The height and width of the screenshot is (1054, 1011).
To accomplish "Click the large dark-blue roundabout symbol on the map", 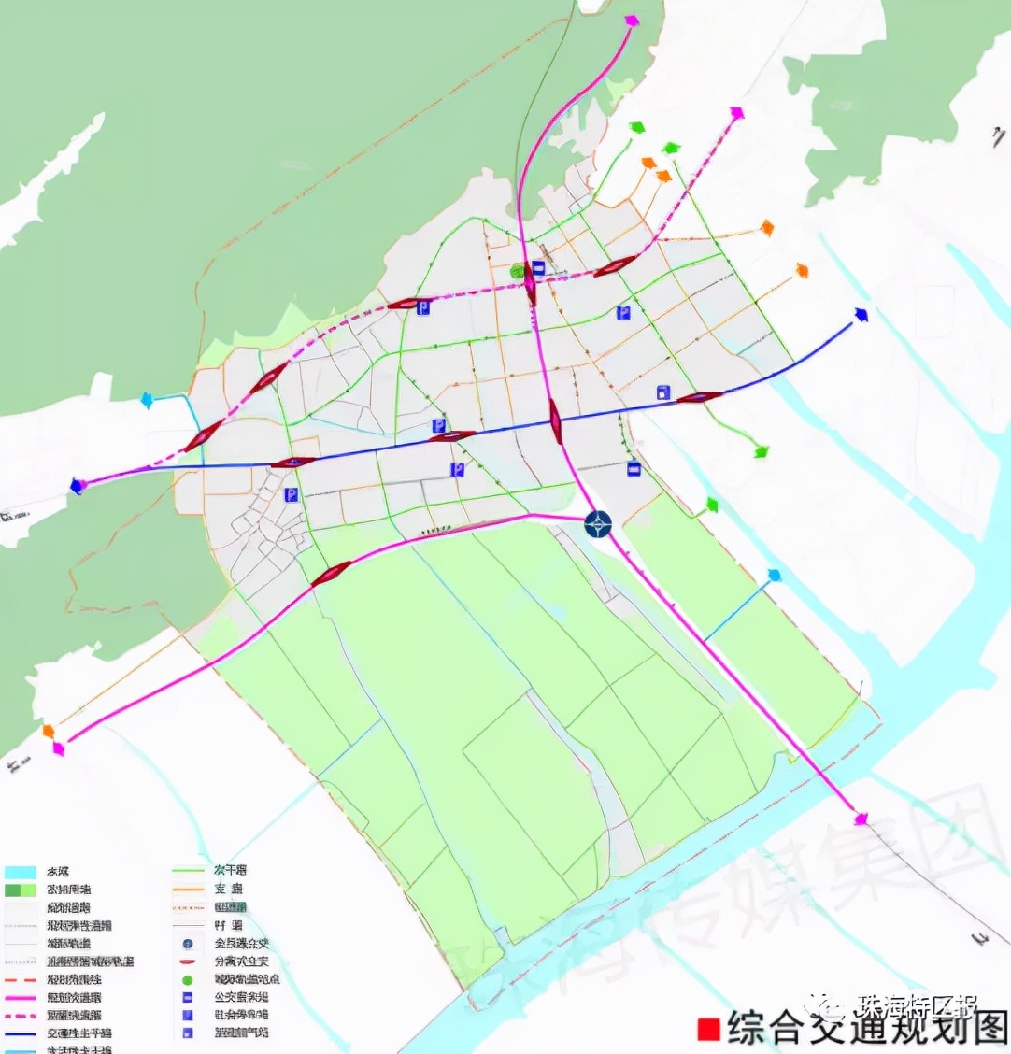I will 598,524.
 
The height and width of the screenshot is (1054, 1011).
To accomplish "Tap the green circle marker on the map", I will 517,271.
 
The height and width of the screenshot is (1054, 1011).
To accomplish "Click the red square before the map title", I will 709,1028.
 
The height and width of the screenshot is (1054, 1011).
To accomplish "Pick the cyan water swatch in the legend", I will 20,872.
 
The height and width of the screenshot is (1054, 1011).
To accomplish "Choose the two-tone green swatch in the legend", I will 20,890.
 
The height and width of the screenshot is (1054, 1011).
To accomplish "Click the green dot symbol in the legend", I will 188,980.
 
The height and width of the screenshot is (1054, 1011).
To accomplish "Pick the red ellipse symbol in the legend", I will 188,961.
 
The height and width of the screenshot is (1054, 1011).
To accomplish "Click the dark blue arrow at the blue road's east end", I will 861,315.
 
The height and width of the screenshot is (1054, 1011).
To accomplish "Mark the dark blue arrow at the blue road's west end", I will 77,486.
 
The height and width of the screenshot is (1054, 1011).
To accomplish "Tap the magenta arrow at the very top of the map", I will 632,21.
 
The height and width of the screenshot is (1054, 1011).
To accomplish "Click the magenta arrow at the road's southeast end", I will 861,819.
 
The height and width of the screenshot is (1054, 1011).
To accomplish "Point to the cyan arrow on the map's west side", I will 147,400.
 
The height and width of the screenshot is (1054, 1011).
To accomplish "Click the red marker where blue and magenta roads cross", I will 556,421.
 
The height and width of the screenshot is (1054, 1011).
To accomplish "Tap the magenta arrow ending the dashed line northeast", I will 736,113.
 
